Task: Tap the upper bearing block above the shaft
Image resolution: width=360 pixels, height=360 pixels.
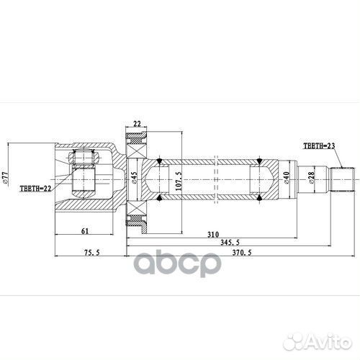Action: coord(137,142)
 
